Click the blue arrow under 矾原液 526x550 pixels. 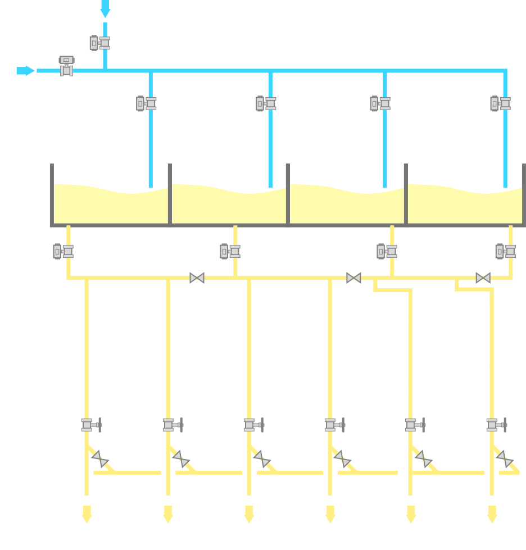pos(105,8)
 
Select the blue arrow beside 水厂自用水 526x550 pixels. pos(25,70)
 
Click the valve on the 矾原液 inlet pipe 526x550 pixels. pos(99,43)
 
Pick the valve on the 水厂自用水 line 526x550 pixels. pos(66,66)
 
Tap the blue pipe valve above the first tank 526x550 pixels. pos(146,103)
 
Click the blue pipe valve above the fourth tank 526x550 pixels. pos(500,103)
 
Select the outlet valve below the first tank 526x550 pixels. pos(63,251)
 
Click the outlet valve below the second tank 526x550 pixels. pos(230,251)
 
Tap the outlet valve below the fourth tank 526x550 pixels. pos(505,251)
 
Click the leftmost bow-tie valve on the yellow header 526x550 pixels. pos(197,278)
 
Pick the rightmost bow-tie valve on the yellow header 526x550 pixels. pos(483,278)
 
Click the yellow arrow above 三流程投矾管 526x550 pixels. pos(492,514)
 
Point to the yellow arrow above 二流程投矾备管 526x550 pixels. pos(249,514)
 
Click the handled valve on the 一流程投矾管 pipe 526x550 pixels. pos(173,425)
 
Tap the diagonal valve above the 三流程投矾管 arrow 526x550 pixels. pos(505,459)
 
